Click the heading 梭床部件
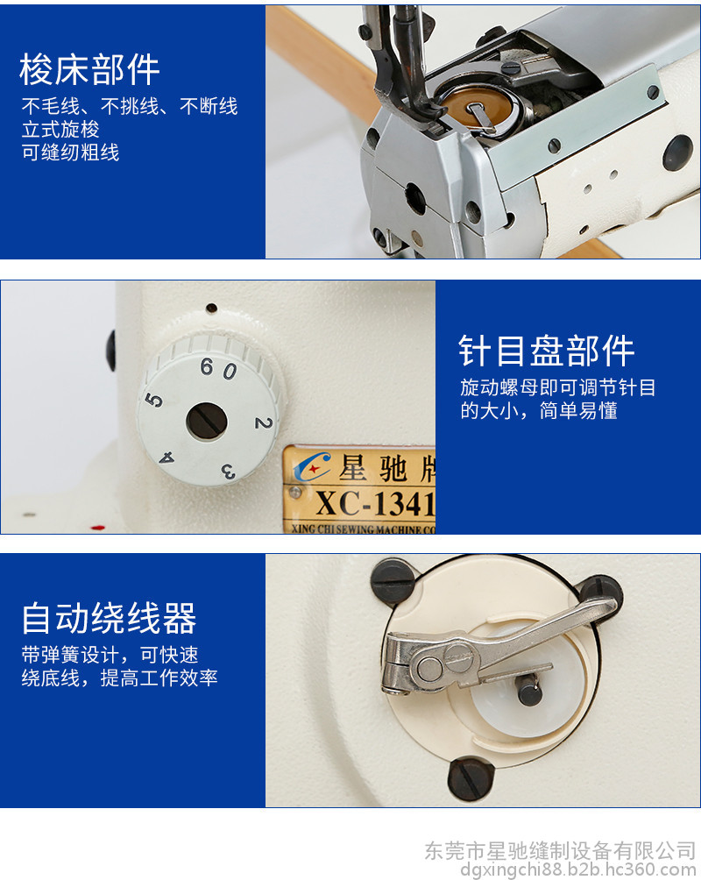coord(89,70)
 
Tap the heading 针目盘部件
coord(547,351)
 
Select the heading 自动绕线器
coord(109,618)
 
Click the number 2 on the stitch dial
coord(263,423)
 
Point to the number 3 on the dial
coord(229,471)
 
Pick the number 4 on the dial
coord(166,458)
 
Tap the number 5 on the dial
coord(153,401)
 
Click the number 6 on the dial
coord(207,367)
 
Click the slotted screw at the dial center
coord(207,422)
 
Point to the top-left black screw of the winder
coord(394,582)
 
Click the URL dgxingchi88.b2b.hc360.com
coord(578,869)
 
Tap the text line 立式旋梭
coord(60,130)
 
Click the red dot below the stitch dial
coord(97,528)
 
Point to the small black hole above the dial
coord(211,308)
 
